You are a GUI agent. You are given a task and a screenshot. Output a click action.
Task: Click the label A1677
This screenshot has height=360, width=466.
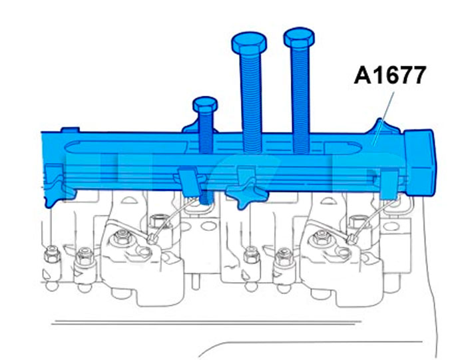[x=389, y=75]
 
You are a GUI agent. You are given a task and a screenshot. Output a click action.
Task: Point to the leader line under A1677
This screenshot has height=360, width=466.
[x=383, y=118]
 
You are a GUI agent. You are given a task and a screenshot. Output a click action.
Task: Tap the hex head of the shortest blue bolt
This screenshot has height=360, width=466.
[x=205, y=104]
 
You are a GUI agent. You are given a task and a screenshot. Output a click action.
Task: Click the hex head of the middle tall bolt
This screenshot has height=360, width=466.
[x=249, y=43]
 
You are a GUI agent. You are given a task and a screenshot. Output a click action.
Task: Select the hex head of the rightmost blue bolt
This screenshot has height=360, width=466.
[x=299, y=38]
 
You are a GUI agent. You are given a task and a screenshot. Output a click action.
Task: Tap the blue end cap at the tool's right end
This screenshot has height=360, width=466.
[x=419, y=162]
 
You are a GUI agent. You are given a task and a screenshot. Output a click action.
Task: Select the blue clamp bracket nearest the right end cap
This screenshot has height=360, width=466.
[x=389, y=184]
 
